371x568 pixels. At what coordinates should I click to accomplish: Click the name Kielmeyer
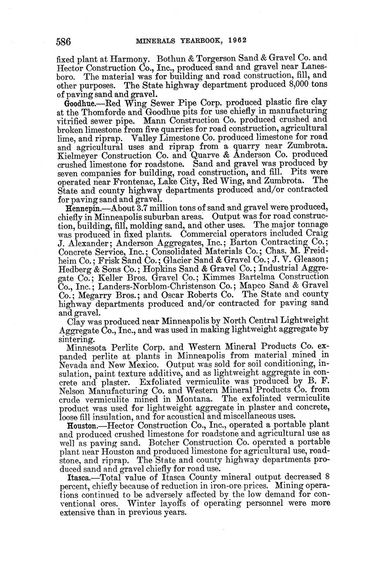(x=77, y=155)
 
